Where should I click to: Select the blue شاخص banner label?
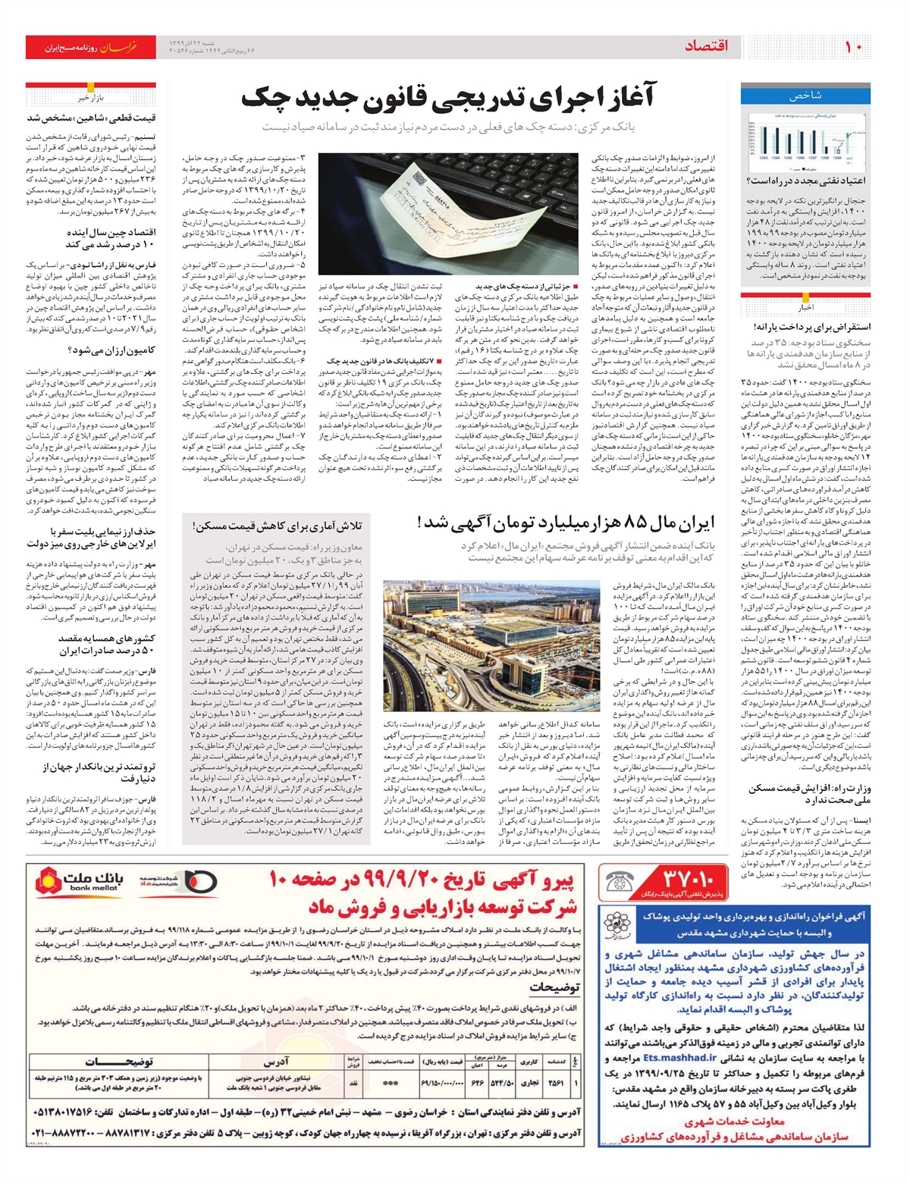coord(805,96)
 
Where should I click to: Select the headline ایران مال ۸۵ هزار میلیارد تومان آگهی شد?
coord(566,522)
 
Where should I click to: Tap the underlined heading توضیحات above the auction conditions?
coord(554,987)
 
